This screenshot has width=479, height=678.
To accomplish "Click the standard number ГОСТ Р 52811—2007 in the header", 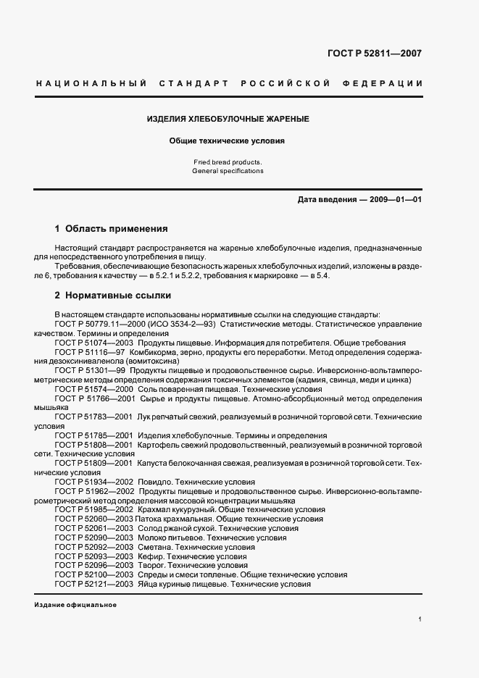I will click(375, 53).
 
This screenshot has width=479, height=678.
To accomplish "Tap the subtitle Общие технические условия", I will click(228, 141).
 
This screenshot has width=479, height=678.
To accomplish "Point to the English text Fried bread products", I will click(228, 162).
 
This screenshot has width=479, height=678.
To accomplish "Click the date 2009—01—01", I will click(395, 200).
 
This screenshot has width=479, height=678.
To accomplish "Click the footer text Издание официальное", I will click(75, 604).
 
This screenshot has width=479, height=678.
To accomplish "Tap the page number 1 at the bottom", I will click(420, 619).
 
